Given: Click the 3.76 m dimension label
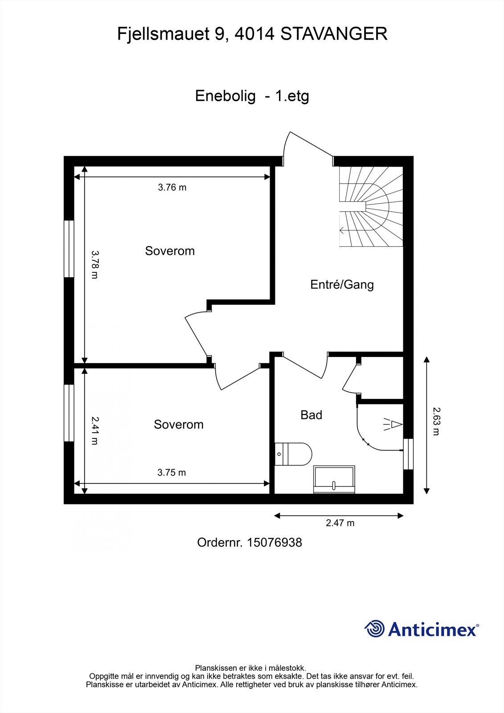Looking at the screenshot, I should tap(172, 188).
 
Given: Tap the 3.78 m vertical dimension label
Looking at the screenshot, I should tap(94, 264).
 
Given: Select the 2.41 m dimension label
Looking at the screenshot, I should tap(94, 430).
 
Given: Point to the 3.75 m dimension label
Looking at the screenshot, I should tap(172, 473).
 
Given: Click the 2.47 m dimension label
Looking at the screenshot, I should tap(340, 523).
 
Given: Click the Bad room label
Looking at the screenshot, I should tap(311, 415).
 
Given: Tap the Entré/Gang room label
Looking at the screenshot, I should tap(342, 284).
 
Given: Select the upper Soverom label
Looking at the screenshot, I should tap(170, 251).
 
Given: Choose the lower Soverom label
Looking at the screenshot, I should tap(179, 424).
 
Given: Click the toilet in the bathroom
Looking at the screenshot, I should tap(294, 454).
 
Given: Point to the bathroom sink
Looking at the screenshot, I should tap(334, 480).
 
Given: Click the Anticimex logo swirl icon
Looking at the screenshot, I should tap(375, 629).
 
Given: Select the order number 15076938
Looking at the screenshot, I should tap(274, 542).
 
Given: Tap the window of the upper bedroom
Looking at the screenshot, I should tap(69, 249).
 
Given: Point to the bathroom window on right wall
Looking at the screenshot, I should tap(408, 454).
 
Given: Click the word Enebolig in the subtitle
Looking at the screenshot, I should tap(225, 96).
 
